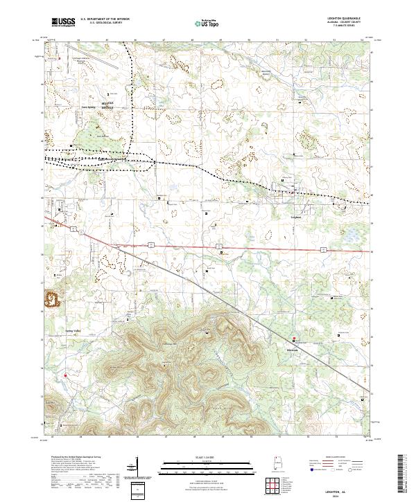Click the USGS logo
pos(63,22)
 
